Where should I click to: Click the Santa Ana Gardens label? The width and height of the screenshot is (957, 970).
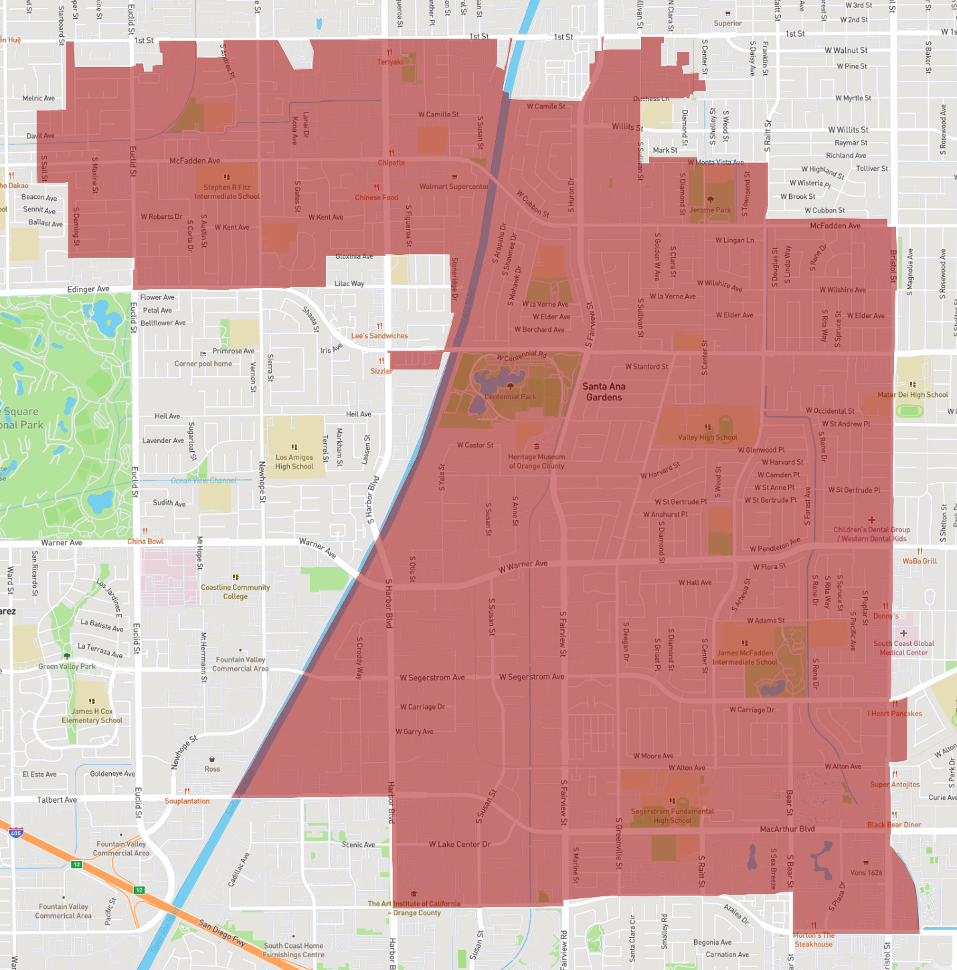coord(604,392)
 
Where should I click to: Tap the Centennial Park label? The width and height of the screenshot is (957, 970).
coord(510,396)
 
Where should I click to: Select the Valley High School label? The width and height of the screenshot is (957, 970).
coord(707,437)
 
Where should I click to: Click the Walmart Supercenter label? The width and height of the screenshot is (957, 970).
coord(454,186)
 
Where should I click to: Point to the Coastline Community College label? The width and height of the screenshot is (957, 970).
coord(236,591)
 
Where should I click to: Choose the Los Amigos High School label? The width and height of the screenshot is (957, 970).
coord(294,462)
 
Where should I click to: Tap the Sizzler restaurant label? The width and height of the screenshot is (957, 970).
coord(381,371)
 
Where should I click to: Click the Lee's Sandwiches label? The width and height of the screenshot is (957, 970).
coord(379,335)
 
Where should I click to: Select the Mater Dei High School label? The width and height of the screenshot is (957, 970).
coord(913,394)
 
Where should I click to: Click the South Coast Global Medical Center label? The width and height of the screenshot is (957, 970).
coord(903,647)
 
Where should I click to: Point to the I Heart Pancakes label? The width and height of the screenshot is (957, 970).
coord(895,713)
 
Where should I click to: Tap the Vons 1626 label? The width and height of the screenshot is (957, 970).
coord(866,872)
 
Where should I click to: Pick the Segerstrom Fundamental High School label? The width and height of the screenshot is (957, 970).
coord(673,815)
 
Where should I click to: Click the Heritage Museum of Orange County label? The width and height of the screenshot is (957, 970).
coord(537,461)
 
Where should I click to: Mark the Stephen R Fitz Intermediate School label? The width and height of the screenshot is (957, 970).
coord(227,191)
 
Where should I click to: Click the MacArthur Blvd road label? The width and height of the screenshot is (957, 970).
coord(787,829)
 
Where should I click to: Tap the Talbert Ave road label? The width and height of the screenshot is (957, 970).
coord(57,799)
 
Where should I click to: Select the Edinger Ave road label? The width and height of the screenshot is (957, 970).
coord(88,289)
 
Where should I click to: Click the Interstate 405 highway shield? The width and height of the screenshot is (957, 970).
coord(16,833)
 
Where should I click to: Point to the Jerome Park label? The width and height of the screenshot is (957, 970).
coord(710,210)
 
